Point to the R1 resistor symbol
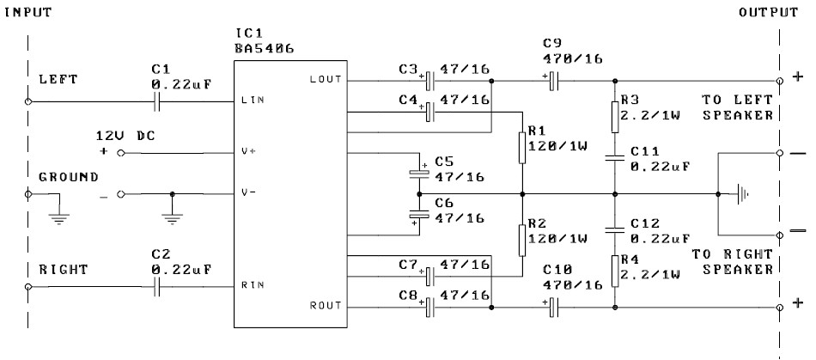coord(522,147)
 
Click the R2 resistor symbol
coord(522,240)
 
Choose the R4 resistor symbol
coord(614,272)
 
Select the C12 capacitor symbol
coord(614,229)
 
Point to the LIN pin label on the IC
coord(253,102)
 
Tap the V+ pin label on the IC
coord(249,152)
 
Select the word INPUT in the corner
coord(28,13)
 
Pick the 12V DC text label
coord(125,136)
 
